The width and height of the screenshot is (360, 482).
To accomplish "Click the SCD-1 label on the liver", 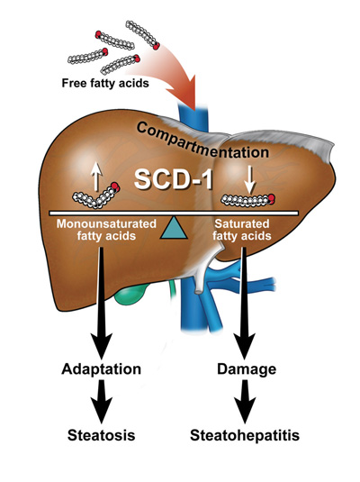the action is pyautogui.click(x=174, y=179).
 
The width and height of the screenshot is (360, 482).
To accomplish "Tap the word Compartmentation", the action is pyautogui.click(x=202, y=141).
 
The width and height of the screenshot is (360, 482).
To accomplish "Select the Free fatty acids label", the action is pyautogui.click(x=105, y=83).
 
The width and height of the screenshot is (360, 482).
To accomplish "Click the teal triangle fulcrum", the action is pyautogui.click(x=174, y=227).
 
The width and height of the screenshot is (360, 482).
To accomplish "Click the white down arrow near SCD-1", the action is pyautogui.click(x=250, y=180).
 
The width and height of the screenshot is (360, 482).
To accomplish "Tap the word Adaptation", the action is pyautogui.click(x=102, y=368).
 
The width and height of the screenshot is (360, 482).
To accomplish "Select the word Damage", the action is pyautogui.click(x=247, y=368).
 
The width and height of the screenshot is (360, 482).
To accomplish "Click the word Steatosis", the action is pyautogui.click(x=102, y=435).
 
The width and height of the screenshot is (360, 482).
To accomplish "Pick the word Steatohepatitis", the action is pyautogui.click(x=245, y=435).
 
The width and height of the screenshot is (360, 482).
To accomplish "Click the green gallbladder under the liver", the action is pyautogui.click(x=131, y=293).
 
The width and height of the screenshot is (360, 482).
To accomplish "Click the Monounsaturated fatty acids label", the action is pyautogui.click(x=106, y=230).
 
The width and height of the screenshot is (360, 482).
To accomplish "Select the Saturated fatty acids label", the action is pyautogui.click(x=242, y=230).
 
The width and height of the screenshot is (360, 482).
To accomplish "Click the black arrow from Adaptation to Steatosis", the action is pyautogui.click(x=102, y=401).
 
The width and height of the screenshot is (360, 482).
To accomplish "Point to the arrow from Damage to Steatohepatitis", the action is pyautogui.click(x=245, y=401).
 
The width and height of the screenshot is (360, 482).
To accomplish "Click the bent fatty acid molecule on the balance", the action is pyautogui.click(x=96, y=196).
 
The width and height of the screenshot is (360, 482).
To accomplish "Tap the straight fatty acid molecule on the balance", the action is pyautogui.click(x=247, y=200).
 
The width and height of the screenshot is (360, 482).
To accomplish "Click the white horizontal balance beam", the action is pyautogui.click(x=174, y=213).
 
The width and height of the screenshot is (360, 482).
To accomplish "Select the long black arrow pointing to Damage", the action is pyautogui.click(x=245, y=303).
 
